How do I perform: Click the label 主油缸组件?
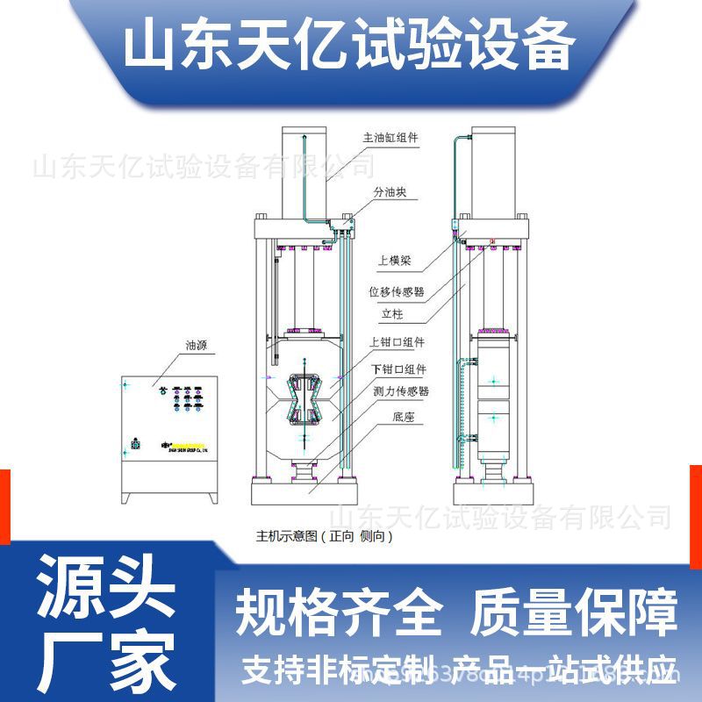pyautogui.click(x=390, y=138)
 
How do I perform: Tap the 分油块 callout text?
pyautogui.click(x=388, y=191)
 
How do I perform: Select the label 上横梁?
pyautogui.click(x=395, y=261)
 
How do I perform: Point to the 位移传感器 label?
pyautogui.click(x=396, y=290)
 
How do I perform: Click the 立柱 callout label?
pyautogui.click(x=391, y=313)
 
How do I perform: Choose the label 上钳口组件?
pyautogui.click(x=398, y=342)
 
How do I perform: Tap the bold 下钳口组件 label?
pyautogui.click(x=398, y=369)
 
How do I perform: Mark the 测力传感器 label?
pyautogui.click(x=400, y=391)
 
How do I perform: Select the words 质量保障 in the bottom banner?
pyautogui.click(x=576, y=613)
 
